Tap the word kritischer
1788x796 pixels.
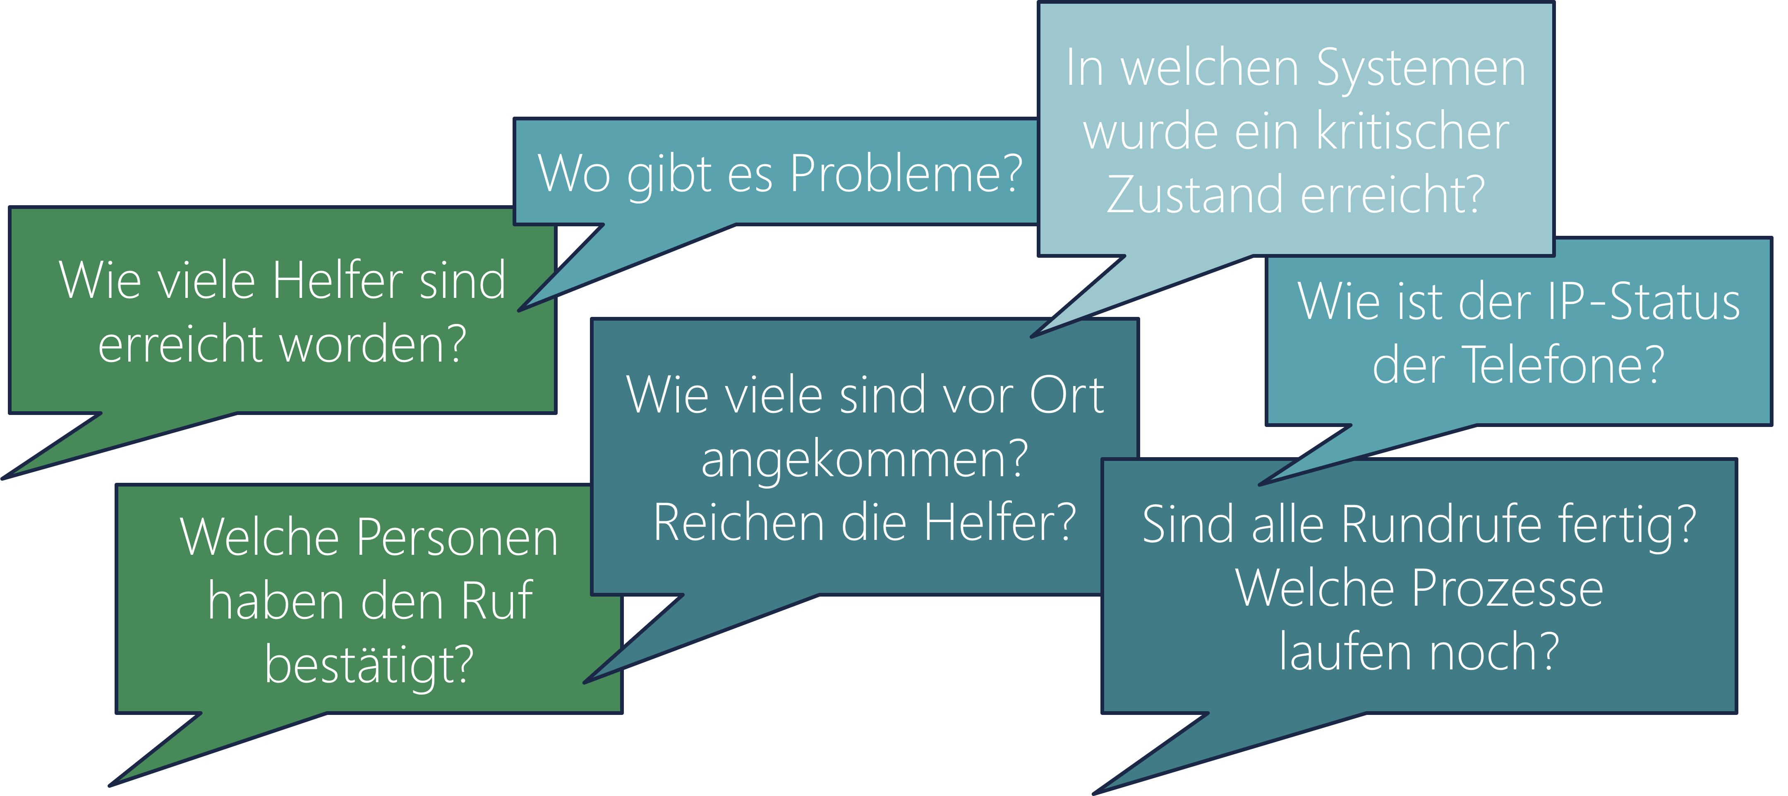(1412, 132)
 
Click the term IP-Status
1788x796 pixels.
(1644, 302)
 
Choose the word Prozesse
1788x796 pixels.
(1507, 588)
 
